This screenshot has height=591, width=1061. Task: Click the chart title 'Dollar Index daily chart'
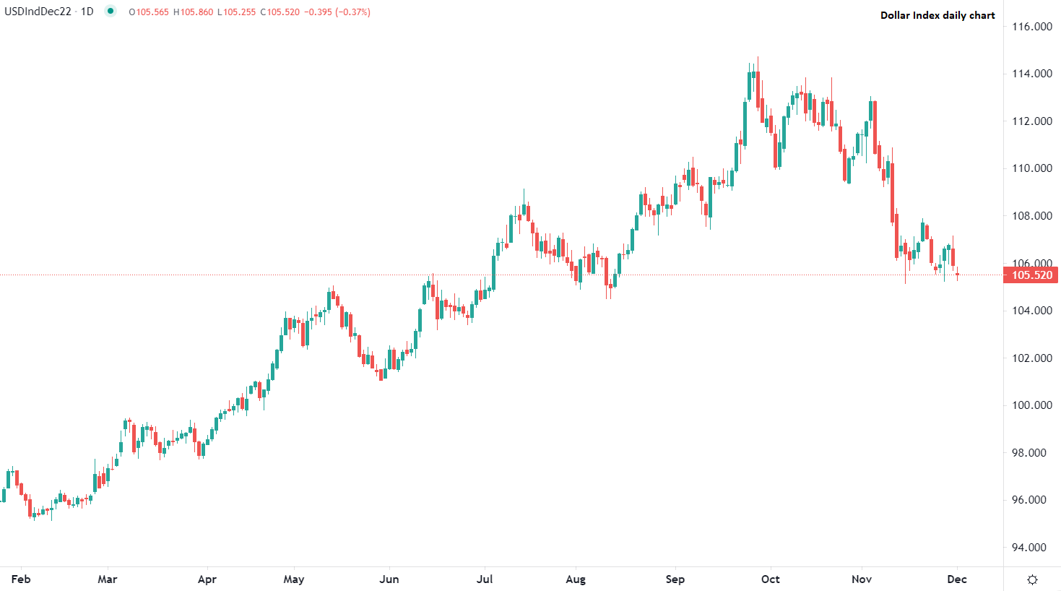coord(937,15)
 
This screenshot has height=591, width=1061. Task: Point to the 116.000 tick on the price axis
coord(1032,27)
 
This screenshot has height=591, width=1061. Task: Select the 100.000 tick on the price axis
coord(1032,405)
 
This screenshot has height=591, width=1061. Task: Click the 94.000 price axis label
coord(1032,548)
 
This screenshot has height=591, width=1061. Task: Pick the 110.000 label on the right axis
coord(1032,168)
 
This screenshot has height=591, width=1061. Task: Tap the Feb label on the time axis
coord(21,579)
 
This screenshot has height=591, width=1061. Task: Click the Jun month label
coord(389,579)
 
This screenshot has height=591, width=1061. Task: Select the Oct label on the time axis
coord(771,579)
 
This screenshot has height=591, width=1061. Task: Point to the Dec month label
coord(957,579)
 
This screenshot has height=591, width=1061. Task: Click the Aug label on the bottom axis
coord(576,579)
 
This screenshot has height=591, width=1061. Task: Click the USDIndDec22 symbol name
coord(38,12)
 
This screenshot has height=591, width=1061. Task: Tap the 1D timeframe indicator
coord(87,12)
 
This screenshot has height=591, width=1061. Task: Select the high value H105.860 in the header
coord(193,12)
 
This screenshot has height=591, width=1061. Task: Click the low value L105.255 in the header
coord(236,12)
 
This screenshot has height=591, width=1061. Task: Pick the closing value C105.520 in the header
coord(280,12)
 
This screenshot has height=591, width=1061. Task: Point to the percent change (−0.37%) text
coord(352,12)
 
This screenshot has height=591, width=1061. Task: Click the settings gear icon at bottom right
coord(1032,579)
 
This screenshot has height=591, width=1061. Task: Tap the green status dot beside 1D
coord(110,11)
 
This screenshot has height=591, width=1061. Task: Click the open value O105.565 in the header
coord(149,12)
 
